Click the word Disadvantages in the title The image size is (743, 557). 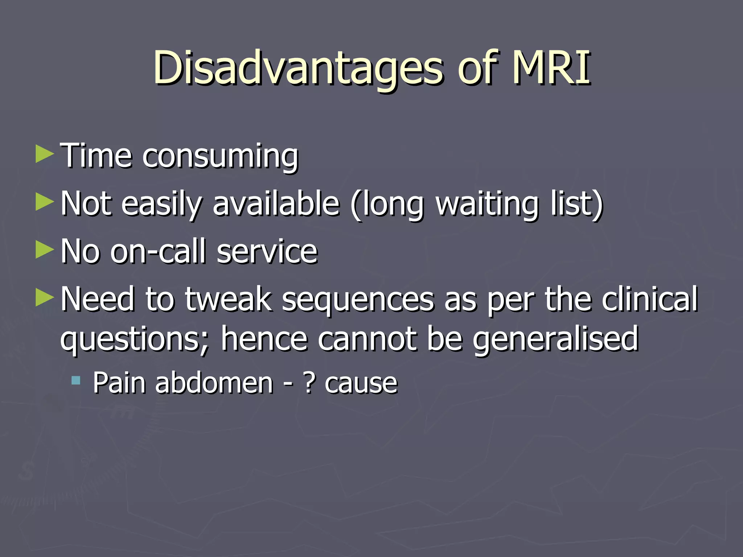297,68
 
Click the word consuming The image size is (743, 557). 220,157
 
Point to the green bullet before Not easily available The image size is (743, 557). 45,202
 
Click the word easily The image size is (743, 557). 161,204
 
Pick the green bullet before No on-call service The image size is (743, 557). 45,250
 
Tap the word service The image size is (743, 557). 267,251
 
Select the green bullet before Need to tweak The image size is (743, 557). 45,298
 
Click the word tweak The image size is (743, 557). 228,299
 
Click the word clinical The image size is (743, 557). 649,299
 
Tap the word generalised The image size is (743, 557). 555,339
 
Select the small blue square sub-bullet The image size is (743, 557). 76,380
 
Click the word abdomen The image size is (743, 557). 214,383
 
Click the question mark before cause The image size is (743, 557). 309,383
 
